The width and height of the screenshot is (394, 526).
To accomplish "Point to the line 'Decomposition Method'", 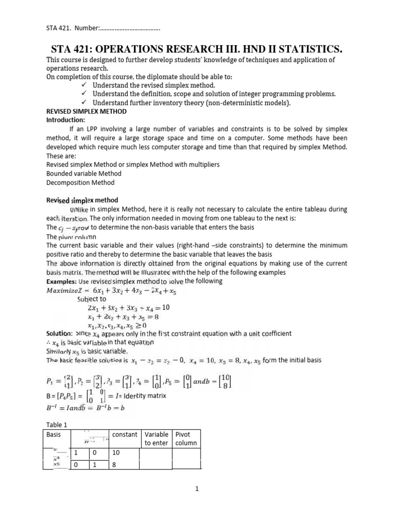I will click(81, 182).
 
